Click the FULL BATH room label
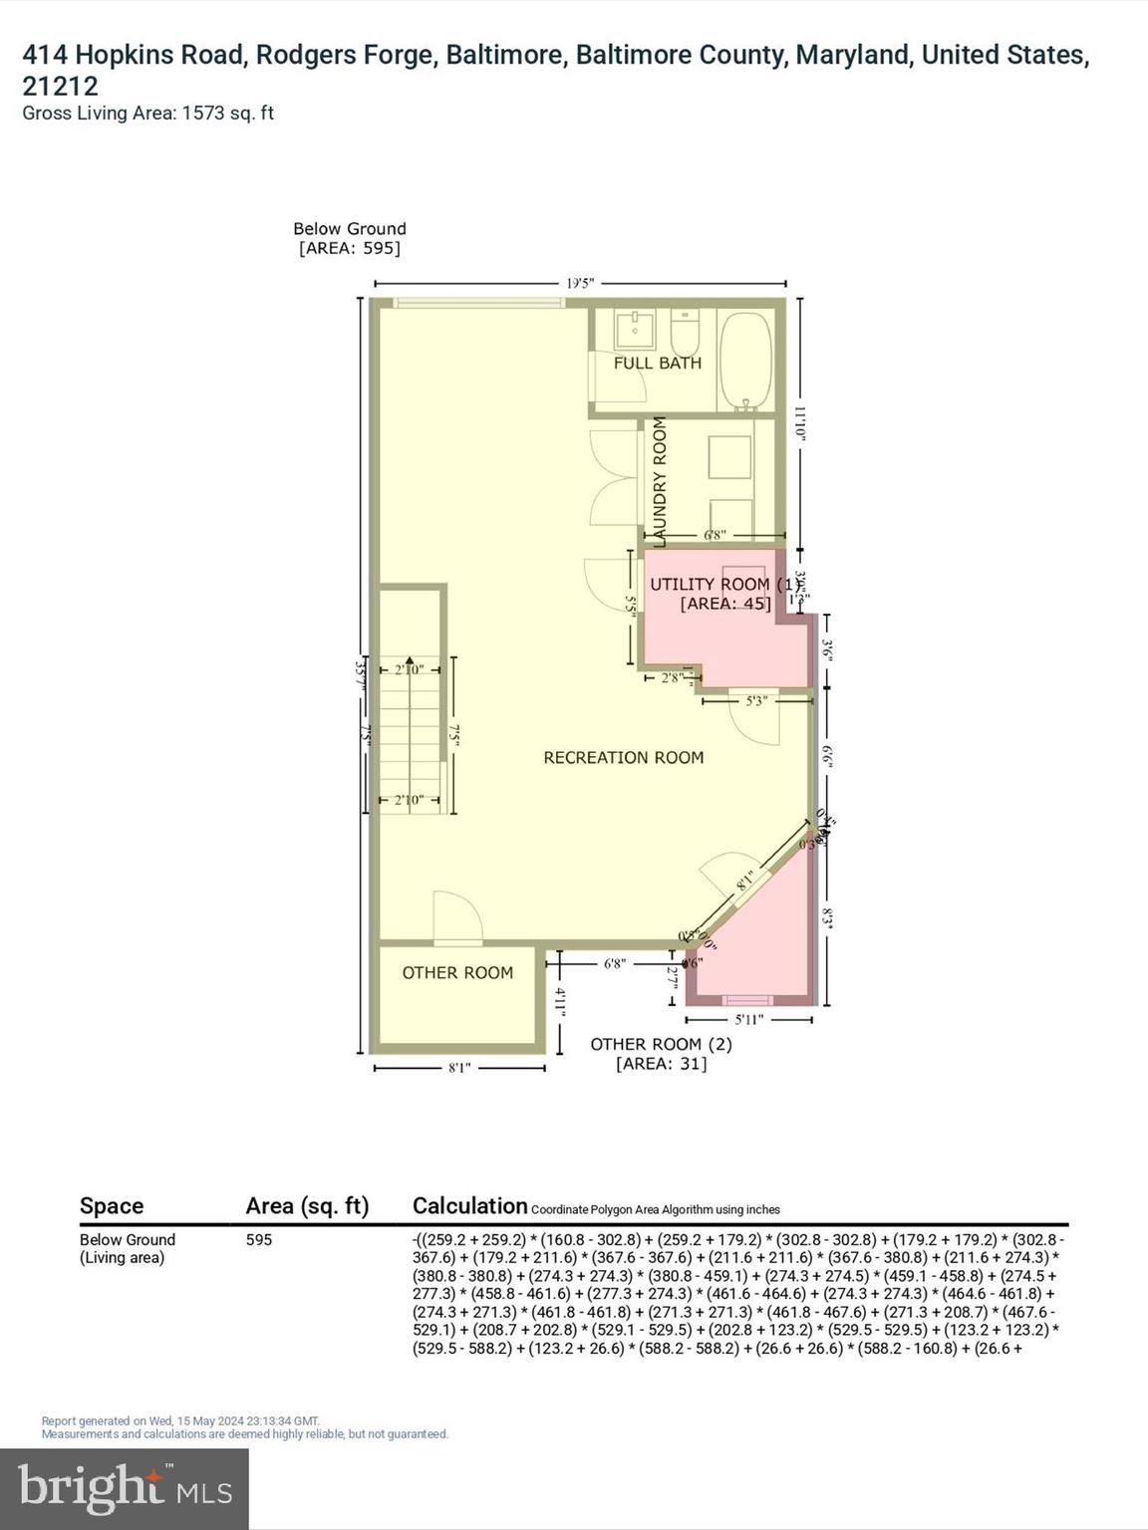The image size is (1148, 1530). tap(657, 364)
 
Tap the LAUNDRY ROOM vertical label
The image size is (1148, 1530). tap(659, 481)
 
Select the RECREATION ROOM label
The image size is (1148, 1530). tap(623, 758)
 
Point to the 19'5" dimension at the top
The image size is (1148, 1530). tap(580, 284)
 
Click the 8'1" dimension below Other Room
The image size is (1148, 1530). tap(459, 1068)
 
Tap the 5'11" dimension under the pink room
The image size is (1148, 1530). tap(748, 1020)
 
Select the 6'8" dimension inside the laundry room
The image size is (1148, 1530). tap(715, 536)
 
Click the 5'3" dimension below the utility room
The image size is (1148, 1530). tap(756, 701)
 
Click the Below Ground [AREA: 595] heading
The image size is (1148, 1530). tap(350, 239)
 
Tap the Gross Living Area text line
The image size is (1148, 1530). tap(147, 114)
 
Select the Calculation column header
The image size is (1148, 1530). tap(469, 1206)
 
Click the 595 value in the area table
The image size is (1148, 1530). tap(259, 1240)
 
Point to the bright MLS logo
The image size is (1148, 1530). tap(125, 1488)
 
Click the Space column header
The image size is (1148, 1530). tap(112, 1206)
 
